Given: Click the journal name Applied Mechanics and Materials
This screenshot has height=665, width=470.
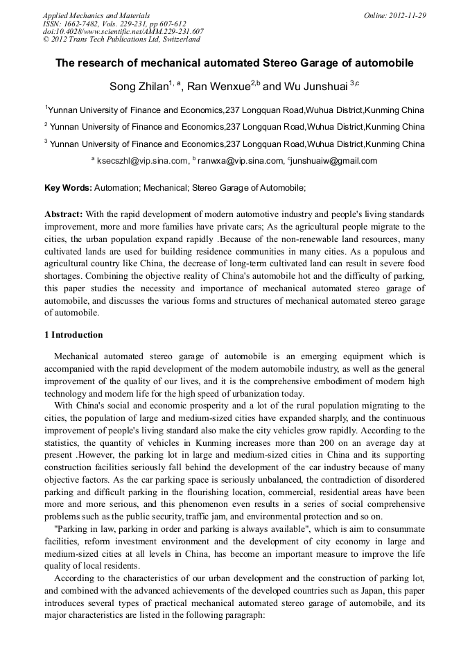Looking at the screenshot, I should click(96, 15).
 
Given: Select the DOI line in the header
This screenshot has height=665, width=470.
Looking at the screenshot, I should click(123, 31).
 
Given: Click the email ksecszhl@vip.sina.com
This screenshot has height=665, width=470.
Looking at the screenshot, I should click(142, 161).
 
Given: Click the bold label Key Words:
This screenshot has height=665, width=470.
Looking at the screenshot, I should click(68, 188).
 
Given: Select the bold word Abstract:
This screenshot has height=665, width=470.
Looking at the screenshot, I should click(64, 214).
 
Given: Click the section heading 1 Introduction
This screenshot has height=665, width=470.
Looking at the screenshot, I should click(73, 335).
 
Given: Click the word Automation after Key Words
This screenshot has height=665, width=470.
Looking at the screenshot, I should click(116, 188).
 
